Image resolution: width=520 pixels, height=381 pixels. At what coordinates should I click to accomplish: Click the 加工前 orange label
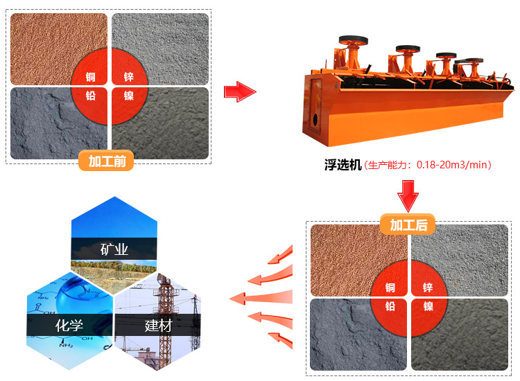click(106, 161)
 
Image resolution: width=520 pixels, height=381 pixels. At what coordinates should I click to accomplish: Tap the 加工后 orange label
click(408, 224)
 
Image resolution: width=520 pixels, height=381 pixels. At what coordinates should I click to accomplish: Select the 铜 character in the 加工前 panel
click(91, 77)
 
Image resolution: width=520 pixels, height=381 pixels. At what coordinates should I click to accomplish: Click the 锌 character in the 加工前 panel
click(129, 77)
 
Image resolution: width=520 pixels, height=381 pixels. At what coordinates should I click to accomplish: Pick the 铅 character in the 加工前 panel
click(91, 96)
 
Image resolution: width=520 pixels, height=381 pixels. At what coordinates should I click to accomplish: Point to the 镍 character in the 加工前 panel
click(129, 96)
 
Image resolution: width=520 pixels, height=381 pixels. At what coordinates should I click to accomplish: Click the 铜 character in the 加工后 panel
click(390, 287)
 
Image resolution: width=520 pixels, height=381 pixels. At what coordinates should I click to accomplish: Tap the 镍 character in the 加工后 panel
click(428, 306)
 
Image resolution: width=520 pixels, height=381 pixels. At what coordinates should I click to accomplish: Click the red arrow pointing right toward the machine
click(240, 91)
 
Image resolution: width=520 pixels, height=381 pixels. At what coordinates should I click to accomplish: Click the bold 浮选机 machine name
click(343, 165)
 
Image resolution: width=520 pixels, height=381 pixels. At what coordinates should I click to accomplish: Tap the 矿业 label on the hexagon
click(114, 249)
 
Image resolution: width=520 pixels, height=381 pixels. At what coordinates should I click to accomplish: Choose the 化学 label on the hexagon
click(69, 325)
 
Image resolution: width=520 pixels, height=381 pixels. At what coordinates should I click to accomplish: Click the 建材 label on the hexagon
click(158, 326)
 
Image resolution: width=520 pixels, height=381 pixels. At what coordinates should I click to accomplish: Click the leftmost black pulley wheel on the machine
click(353, 40)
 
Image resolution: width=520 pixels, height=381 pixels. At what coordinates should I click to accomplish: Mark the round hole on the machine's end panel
click(315, 118)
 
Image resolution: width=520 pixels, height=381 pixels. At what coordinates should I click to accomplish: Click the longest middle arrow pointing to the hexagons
click(261, 298)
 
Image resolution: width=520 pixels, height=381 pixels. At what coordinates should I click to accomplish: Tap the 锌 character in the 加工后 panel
click(428, 287)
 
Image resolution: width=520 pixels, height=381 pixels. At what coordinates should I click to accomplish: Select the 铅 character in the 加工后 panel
click(390, 306)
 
